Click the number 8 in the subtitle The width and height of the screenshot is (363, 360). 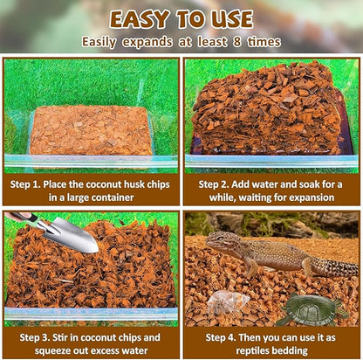[x=240, y=41]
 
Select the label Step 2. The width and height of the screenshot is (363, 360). [x=215, y=185]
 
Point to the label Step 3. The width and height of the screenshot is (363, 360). [x=31, y=337]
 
